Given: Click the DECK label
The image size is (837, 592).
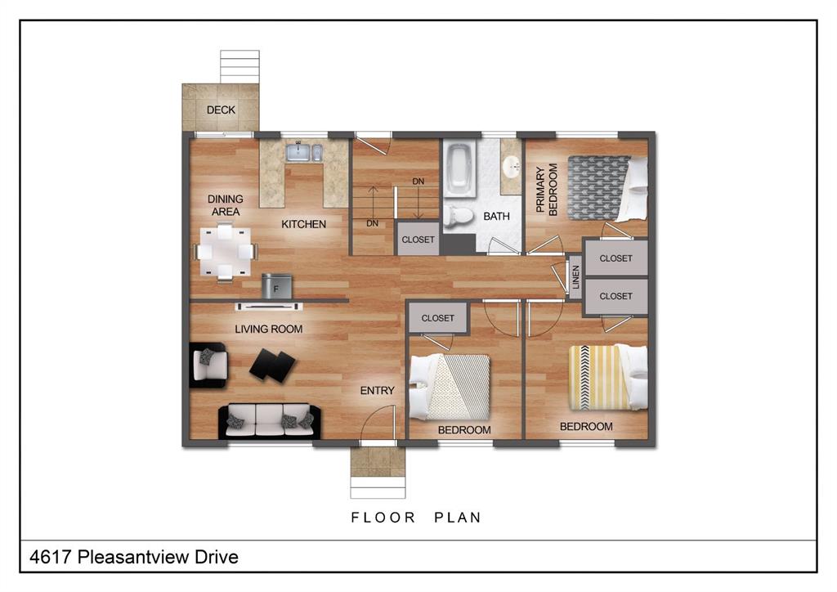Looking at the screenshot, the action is pos(221,110).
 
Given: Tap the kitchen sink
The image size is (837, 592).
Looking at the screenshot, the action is pos(304,153).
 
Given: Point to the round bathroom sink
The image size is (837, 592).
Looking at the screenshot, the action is pos(512,166).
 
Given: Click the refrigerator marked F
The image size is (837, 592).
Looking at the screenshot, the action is pos(276,286).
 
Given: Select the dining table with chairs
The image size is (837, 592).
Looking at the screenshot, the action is pos(226,252).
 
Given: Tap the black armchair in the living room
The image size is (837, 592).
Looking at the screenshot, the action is pos(208,366).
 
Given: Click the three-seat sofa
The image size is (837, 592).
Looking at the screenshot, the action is pos(269,420).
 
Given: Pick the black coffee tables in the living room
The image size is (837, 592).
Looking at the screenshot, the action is pos(272,366).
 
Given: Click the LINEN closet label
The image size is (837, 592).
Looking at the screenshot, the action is pos(575,277).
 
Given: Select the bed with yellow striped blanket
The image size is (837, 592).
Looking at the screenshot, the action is pos(608,378).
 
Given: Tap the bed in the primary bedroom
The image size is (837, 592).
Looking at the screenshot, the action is pos(607,188).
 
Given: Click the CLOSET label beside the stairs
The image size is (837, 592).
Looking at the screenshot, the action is pos(418,240).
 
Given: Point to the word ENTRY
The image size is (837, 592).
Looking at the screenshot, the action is pos(378,391).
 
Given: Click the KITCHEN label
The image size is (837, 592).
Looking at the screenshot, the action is pos(304,224).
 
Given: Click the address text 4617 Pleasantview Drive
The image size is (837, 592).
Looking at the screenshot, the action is pos(134,557).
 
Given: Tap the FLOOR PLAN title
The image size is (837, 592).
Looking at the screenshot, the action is pos(416,518).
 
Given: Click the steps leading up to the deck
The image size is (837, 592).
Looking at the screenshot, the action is pos(239,67).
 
